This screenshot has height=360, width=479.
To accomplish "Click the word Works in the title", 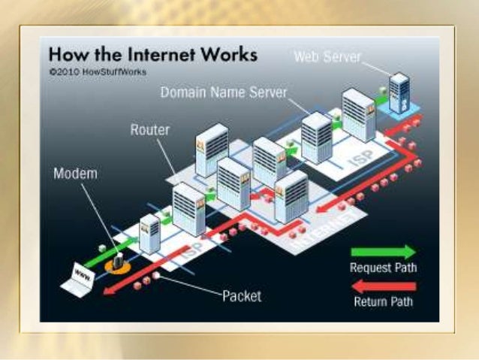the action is (x=232, y=56).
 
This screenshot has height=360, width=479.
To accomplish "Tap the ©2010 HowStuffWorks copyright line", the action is (x=97, y=72).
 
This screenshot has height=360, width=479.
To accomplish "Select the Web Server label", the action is (x=327, y=56).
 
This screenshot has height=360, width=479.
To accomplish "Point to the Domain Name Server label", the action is (x=224, y=92).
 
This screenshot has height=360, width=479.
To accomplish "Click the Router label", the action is (x=150, y=130).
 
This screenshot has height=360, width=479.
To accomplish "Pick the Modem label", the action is (x=75, y=174).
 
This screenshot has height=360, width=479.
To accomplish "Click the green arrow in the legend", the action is (x=383, y=252).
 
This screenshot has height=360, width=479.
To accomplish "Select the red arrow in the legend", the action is (x=383, y=286).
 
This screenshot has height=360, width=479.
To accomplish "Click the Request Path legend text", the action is (x=383, y=268).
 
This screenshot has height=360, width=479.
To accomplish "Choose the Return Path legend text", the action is (x=383, y=302).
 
